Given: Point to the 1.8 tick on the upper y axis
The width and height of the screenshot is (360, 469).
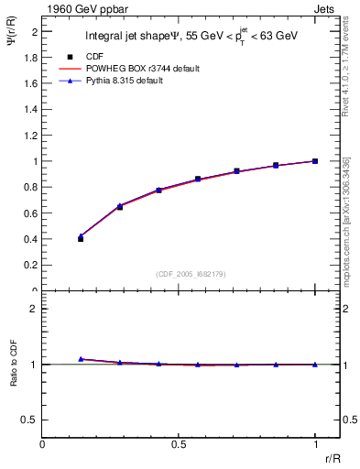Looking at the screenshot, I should coord(31,57).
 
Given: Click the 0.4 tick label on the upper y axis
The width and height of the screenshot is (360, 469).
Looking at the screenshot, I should coord(31,239).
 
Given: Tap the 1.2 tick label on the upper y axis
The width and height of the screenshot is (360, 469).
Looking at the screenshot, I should coord(31,135).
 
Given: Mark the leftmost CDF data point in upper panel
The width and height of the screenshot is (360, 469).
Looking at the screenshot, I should coord(81,238).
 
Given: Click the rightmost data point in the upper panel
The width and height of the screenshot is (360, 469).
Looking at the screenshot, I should coord(315,161).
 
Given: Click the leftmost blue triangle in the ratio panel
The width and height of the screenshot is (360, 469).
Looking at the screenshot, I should coord(81,359).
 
